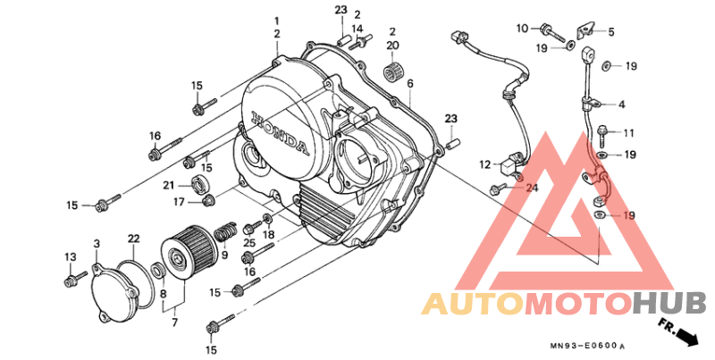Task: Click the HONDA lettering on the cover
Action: (x=280, y=132)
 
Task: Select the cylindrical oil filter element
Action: (x=189, y=253)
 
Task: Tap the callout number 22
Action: (x=133, y=239)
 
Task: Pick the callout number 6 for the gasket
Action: (x=410, y=83)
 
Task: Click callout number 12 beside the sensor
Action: (x=485, y=164)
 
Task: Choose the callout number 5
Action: (x=611, y=32)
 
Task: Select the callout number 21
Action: (x=169, y=185)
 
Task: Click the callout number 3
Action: (x=97, y=244)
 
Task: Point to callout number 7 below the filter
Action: (x=174, y=322)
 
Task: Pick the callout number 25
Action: (x=249, y=242)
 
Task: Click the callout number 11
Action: (x=629, y=133)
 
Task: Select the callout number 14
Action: (x=357, y=28)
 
